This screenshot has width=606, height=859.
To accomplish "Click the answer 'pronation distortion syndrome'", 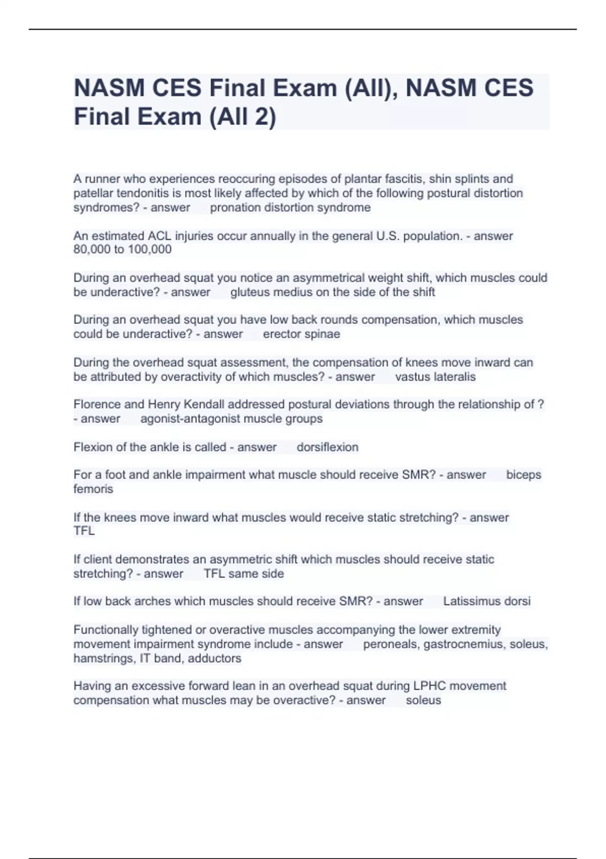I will point(290,208).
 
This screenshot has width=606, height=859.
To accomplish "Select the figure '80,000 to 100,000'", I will point(122,250).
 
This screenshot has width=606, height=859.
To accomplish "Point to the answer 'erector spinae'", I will point(301,334).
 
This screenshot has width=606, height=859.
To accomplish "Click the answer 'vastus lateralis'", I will point(435,377).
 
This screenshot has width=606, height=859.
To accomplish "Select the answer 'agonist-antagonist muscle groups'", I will point(231,419).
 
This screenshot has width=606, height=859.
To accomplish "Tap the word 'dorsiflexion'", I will point(327,447).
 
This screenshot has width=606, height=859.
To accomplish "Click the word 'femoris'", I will point(93,489).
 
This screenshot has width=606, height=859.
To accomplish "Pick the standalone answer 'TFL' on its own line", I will point(84,531).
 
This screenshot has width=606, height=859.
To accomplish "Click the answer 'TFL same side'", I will point(243,574).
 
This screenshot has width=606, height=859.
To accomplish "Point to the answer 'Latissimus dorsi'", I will point(487,601).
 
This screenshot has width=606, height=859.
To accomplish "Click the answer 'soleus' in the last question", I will point(423,700).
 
